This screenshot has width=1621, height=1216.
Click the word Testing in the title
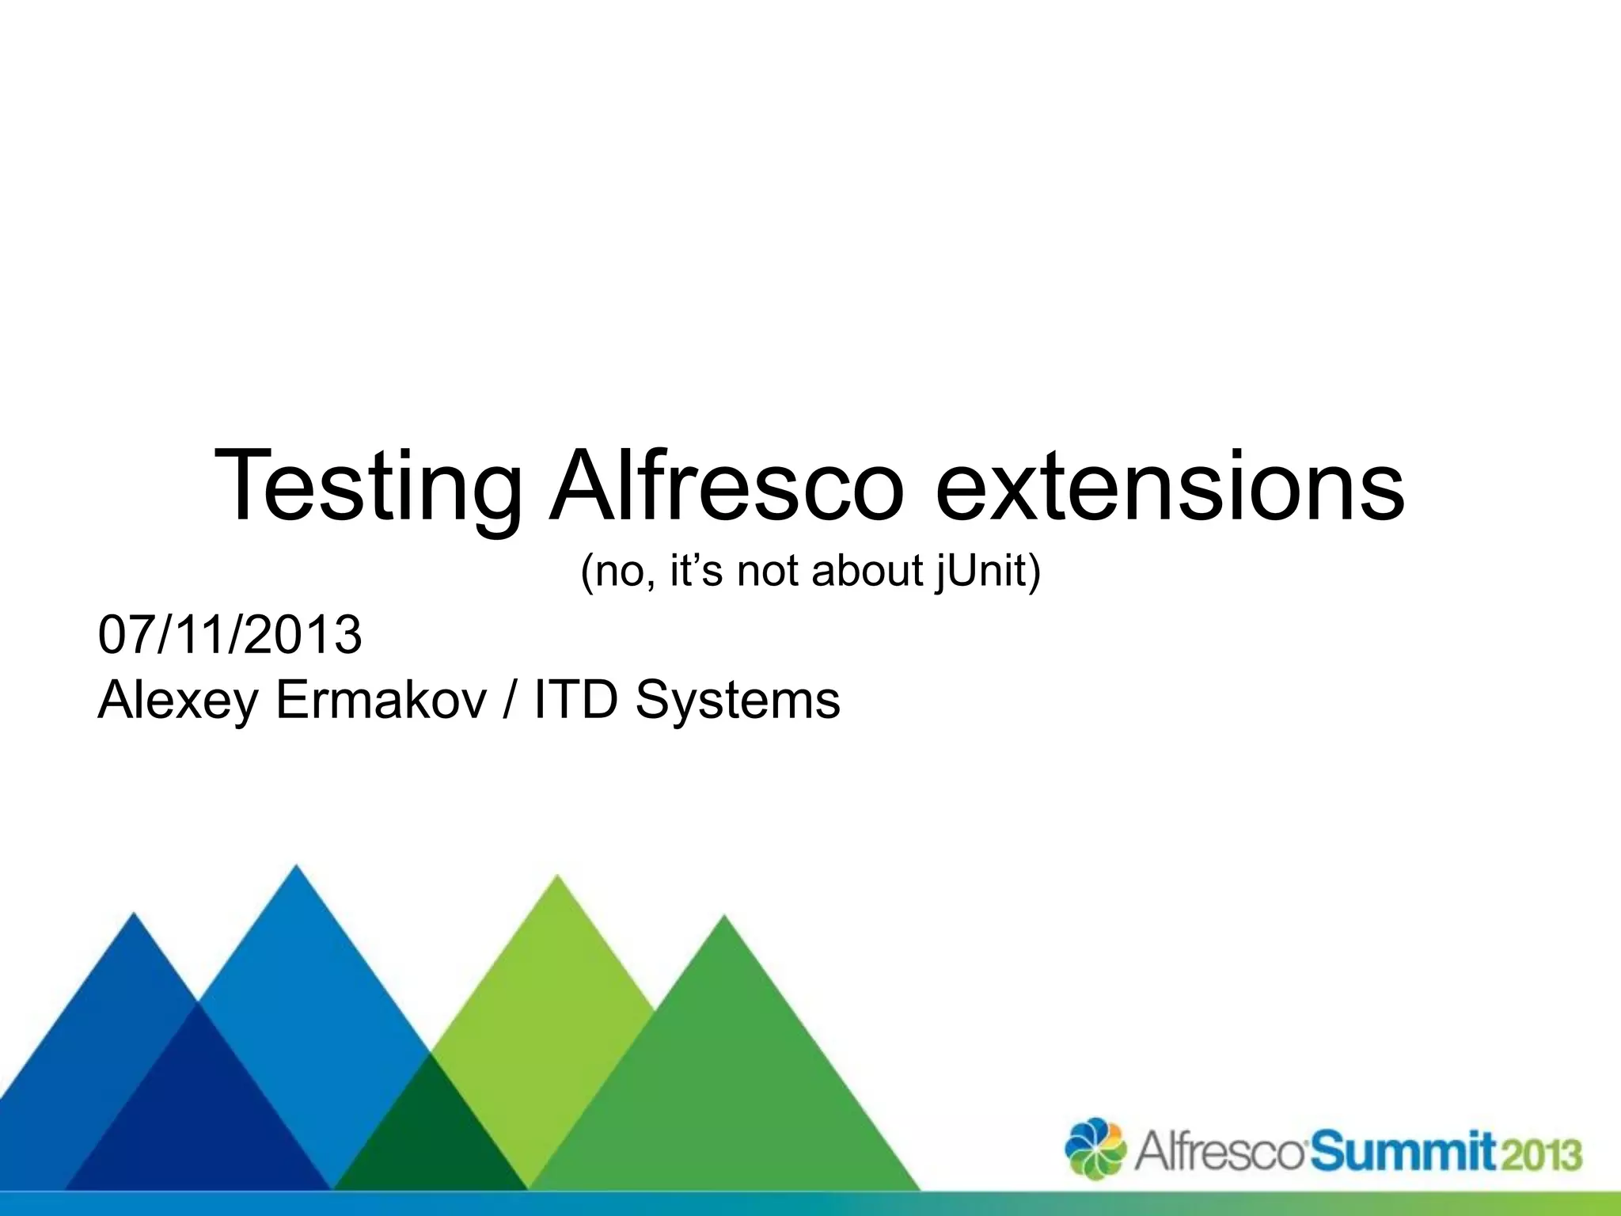pos(368,484)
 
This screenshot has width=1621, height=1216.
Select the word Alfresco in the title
pos(727,484)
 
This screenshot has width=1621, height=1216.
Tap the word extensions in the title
pos(1170,484)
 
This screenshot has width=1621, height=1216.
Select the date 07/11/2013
pos(230,635)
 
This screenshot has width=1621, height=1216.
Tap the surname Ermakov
pos(381,700)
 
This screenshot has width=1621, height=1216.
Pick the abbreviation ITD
pos(575,700)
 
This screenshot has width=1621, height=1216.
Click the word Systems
pos(737,700)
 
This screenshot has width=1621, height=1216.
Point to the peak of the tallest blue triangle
pos(296,868)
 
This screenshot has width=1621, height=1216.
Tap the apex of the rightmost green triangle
pos(723,919)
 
